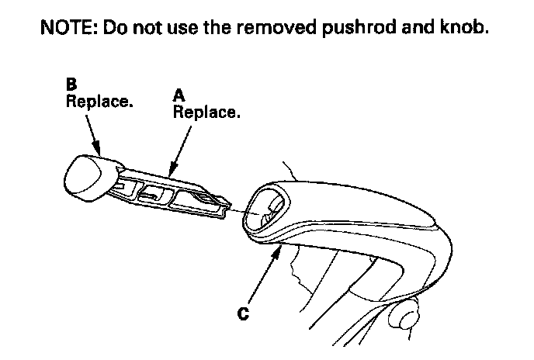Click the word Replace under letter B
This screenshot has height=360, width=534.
[x=99, y=102]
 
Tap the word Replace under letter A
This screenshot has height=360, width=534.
[x=206, y=112]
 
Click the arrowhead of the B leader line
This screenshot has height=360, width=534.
[x=99, y=149]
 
